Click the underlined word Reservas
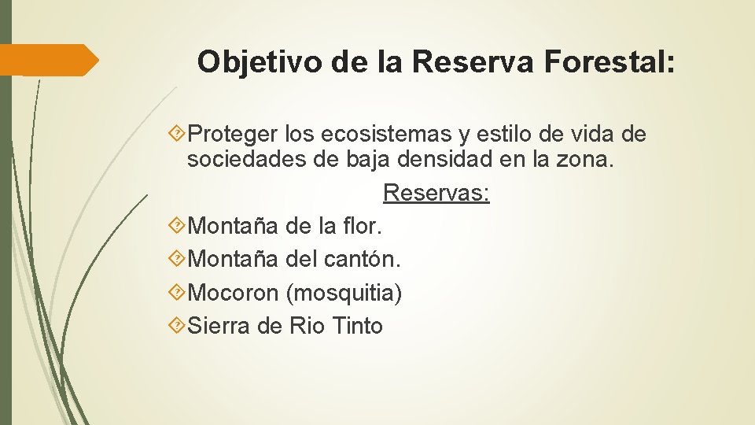pos(436,194)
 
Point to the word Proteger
pos(234,135)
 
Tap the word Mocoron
pos(234,293)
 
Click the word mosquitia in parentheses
pos(344,293)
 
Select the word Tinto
pos(358,325)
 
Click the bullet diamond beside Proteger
pos(178,135)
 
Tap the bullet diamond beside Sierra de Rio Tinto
pos(178,325)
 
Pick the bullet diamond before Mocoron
pos(178,293)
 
